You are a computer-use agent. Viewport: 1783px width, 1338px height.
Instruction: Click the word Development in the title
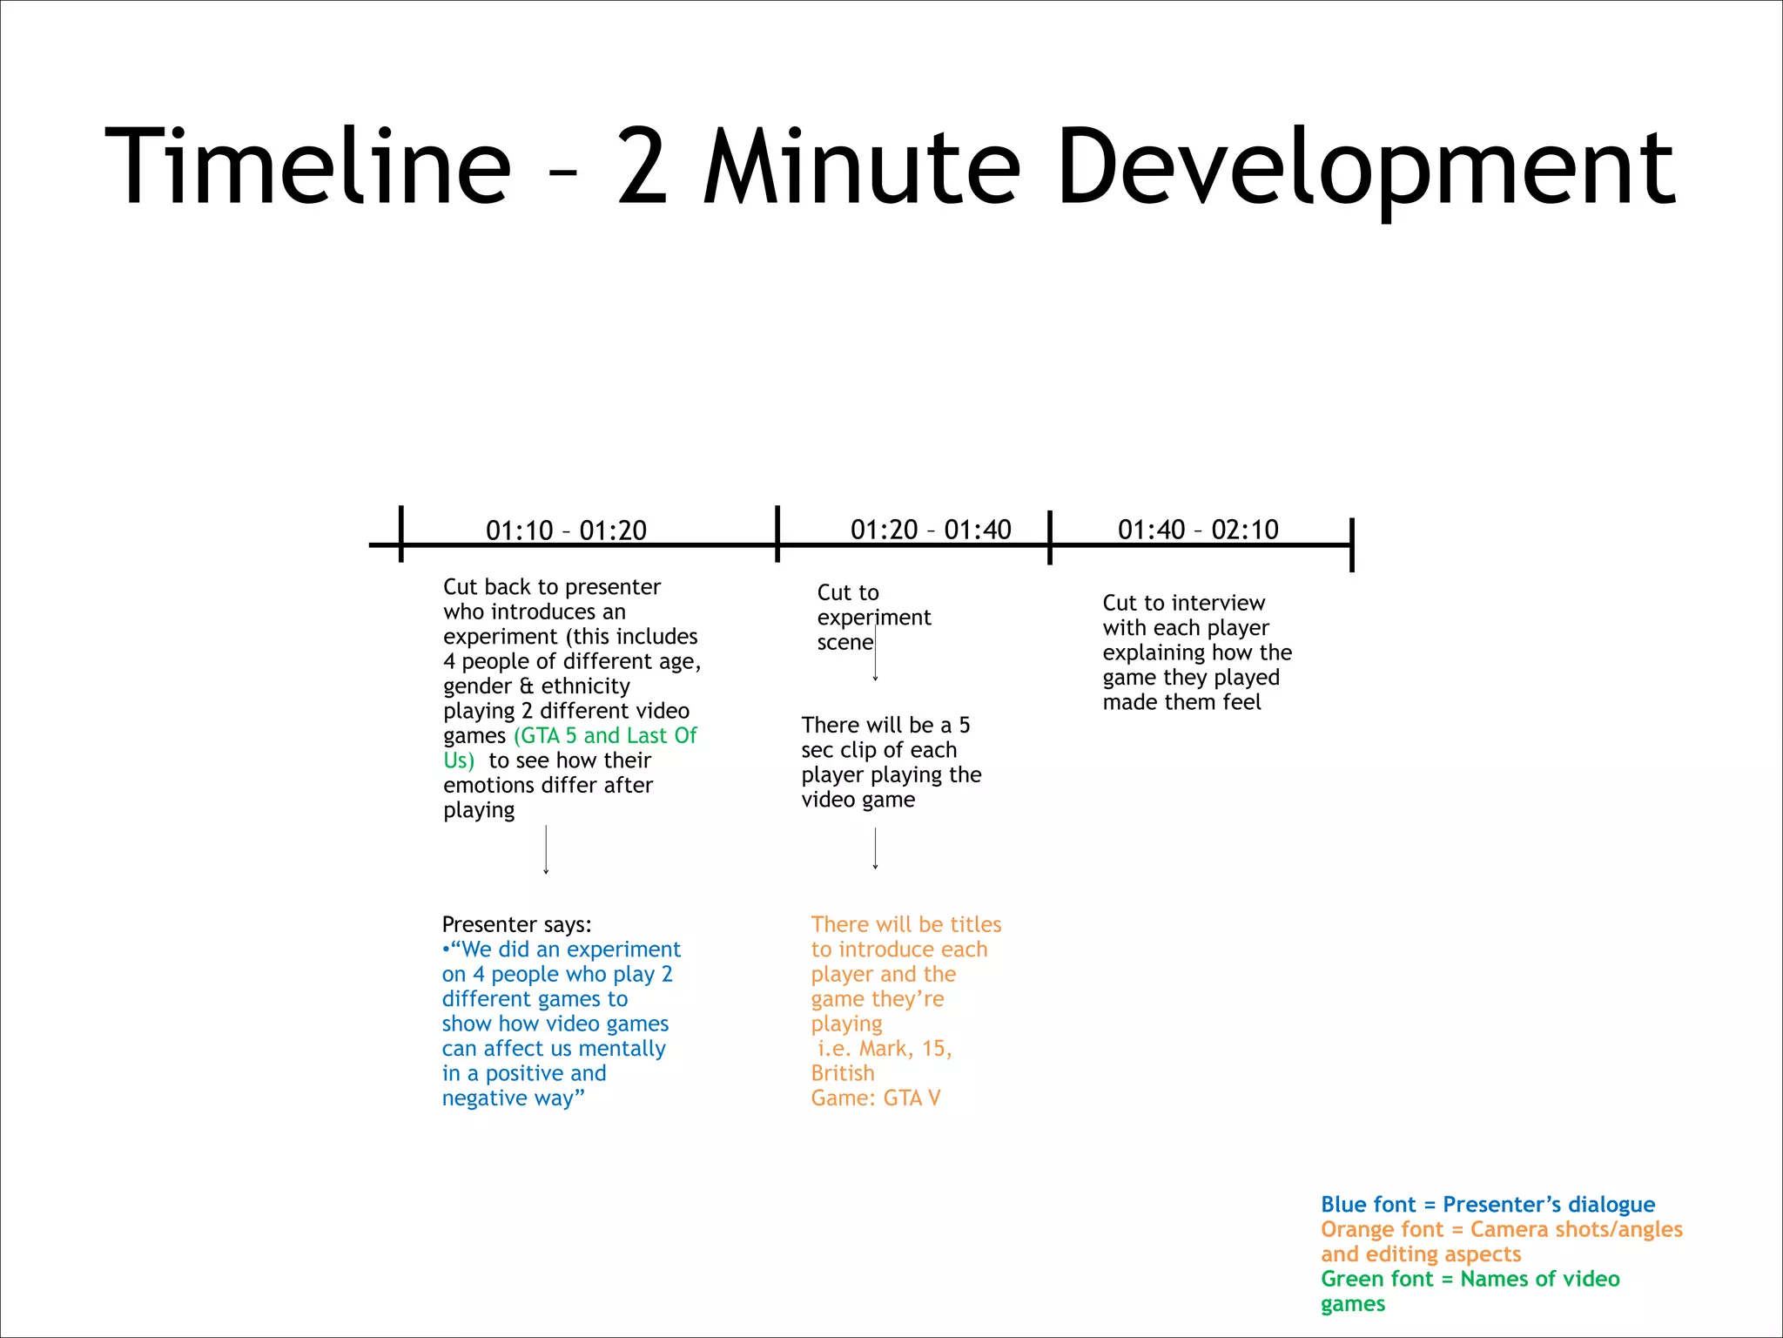[1366, 166]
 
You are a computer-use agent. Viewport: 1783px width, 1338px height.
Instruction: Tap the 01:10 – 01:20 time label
[566, 530]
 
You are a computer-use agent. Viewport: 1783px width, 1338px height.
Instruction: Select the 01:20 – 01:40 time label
[931, 529]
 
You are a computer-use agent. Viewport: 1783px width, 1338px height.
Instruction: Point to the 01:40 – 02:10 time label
[1198, 529]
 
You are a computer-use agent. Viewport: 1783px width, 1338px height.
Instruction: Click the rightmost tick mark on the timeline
[1351, 544]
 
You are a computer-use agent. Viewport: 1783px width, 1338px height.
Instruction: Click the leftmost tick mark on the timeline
[401, 534]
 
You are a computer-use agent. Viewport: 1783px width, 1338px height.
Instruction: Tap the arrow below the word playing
[546, 848]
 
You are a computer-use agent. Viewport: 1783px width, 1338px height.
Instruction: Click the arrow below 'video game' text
[875, 848]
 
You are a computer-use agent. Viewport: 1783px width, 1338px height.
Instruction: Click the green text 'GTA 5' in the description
[546, 735]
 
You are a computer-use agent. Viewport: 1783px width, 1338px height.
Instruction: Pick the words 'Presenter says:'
[516, 924]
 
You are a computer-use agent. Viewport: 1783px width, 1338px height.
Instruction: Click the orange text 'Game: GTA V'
[876, 1098]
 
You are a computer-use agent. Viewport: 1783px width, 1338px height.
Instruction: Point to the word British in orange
[843, 1073]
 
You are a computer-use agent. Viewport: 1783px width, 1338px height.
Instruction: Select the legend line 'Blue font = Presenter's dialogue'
[1487, 1204]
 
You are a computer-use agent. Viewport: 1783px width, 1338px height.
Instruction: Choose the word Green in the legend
[1347, 1279]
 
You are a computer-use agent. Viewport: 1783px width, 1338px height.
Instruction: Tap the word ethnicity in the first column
[585, 686]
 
